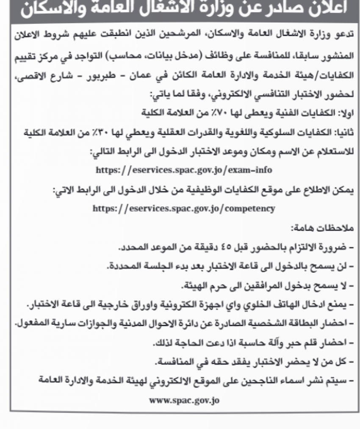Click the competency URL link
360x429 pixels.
click(x=184, y=208)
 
